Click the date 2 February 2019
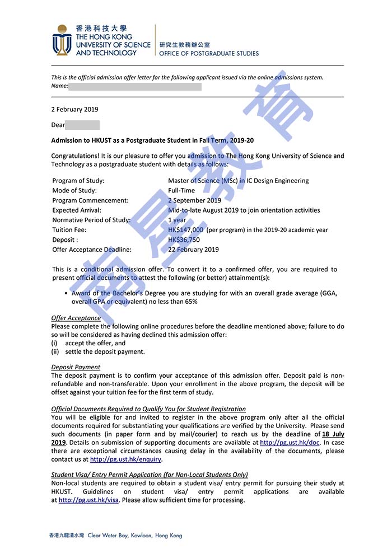pyautogui.click(x=74, y=110)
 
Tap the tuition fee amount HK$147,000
pyautogui.click(x=186, y=230)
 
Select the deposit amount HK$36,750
pyautogui.click(x=184, y=240)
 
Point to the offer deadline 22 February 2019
pyautogui.click(x=194, y=250)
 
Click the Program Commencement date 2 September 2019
pyautogui.click(x=195, y=200)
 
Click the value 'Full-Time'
pyautogui.click(x=181, y=191)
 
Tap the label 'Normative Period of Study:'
pyautogui.click(x=91, y=220)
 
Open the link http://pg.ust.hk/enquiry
pyautogui.click(x=125, y=459)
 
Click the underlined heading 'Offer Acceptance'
pyautogui.click(x=76, y=318)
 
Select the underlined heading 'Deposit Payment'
pyautogui.click(x=76, y=367)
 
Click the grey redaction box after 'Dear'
pyautogui.click(x=83, y=125)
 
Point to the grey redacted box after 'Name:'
pyautogui.click(x=134, y=86)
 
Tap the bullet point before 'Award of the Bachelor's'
pyautogui.click(x=66, y=293)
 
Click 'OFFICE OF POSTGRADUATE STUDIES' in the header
pyautogui.click(x=209, y=54)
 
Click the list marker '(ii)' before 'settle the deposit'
pyautogui.click(x=55, y=352)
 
